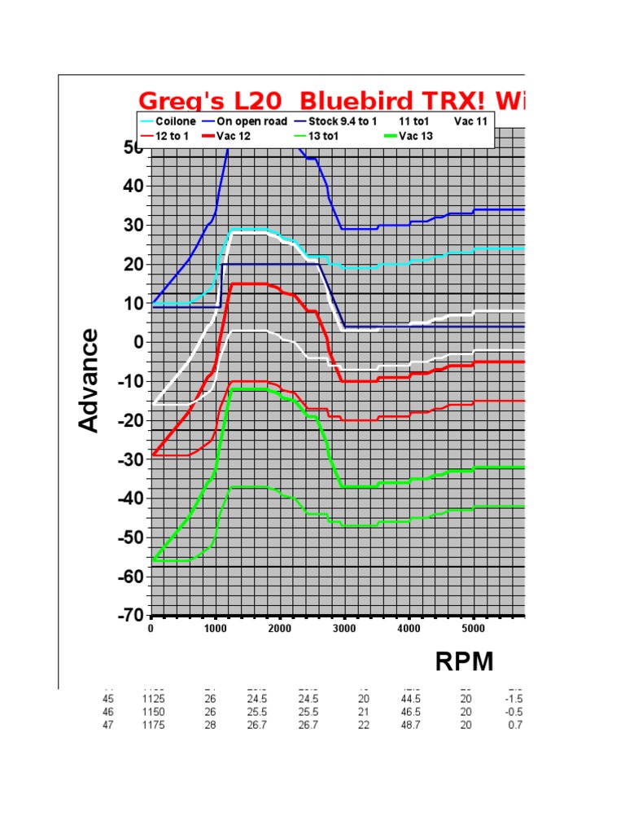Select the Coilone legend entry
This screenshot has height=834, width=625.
171,121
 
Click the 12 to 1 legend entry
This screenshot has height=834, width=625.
172,136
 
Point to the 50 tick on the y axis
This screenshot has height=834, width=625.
133,148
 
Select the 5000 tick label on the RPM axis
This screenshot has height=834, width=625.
473,629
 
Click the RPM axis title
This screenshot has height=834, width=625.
465,662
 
